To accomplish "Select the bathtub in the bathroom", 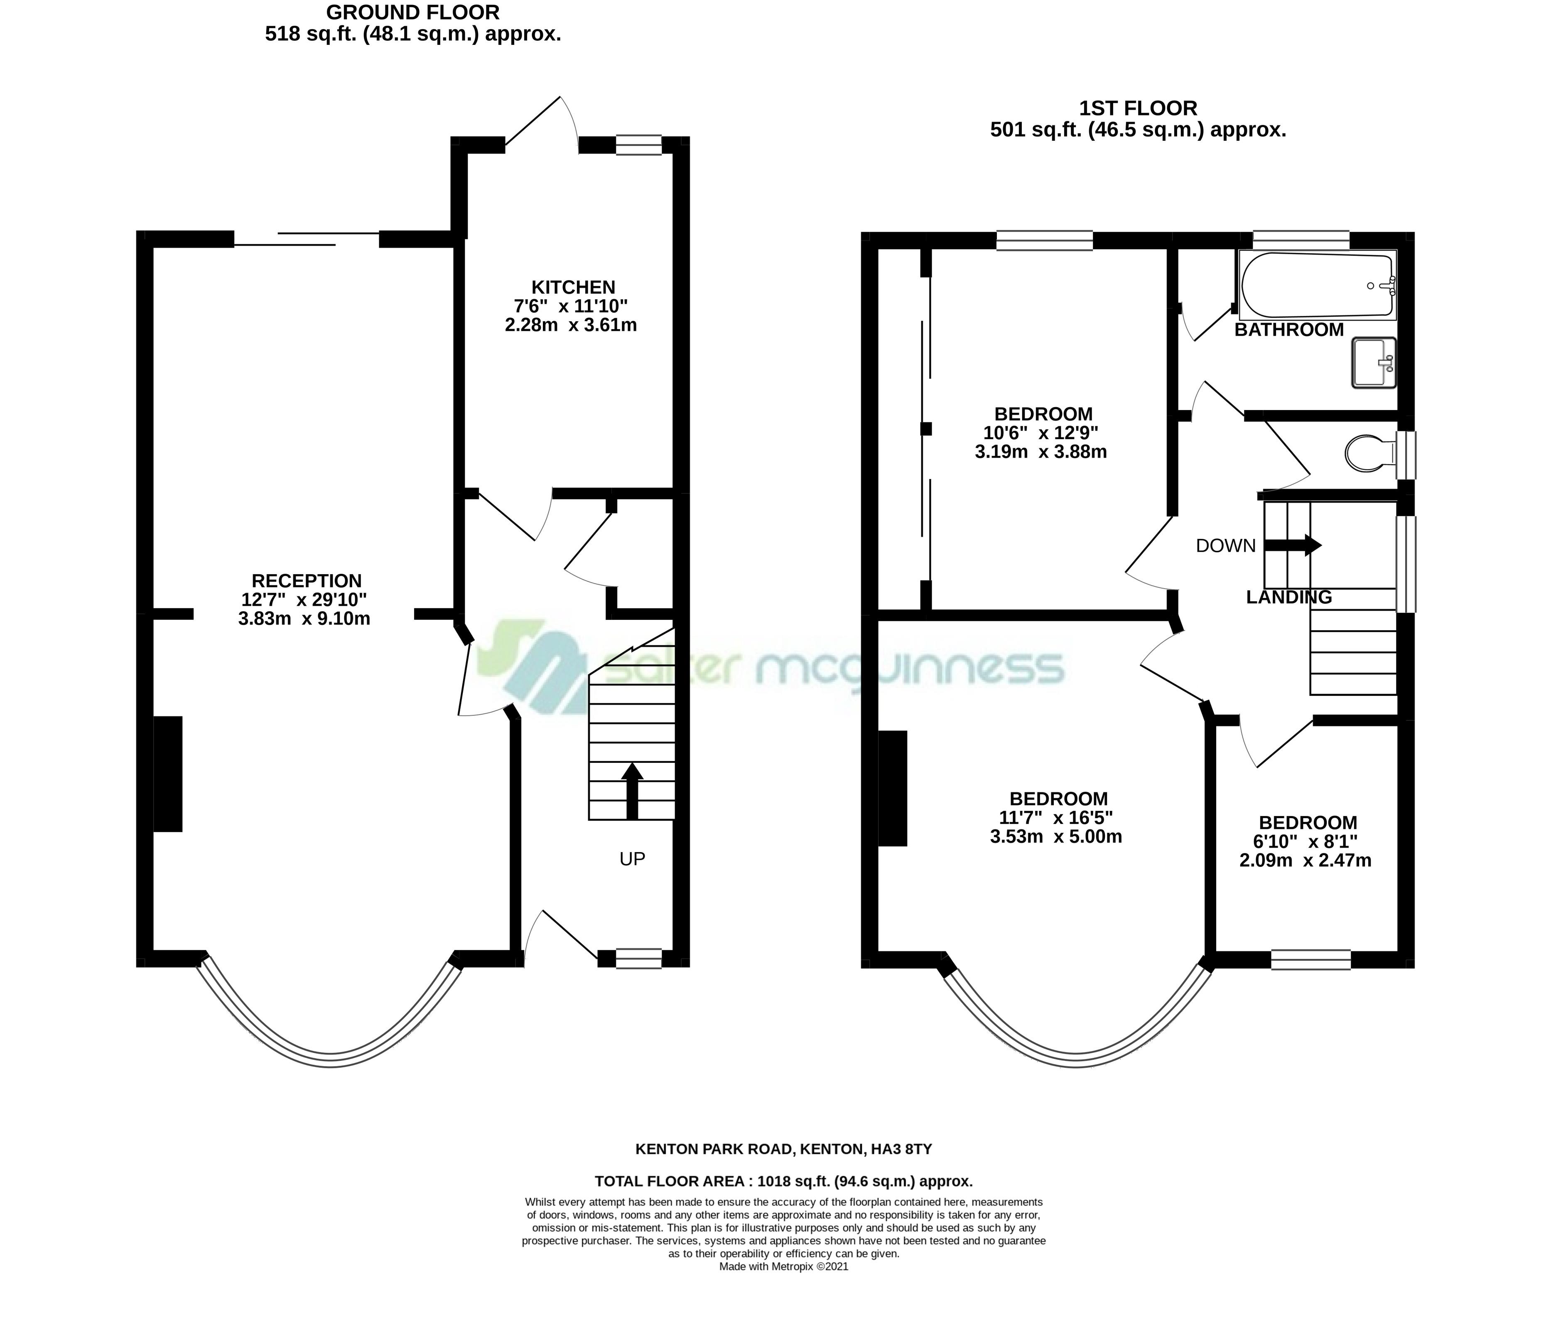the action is [x=1318, y=285].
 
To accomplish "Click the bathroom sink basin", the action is [x=1374, y=362].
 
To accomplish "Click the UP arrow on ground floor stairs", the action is [x=633, y=791].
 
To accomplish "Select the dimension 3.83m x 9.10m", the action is [x=304, y=618].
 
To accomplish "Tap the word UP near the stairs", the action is [x=633, y=859].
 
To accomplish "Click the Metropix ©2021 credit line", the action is [x=784, y=1267].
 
